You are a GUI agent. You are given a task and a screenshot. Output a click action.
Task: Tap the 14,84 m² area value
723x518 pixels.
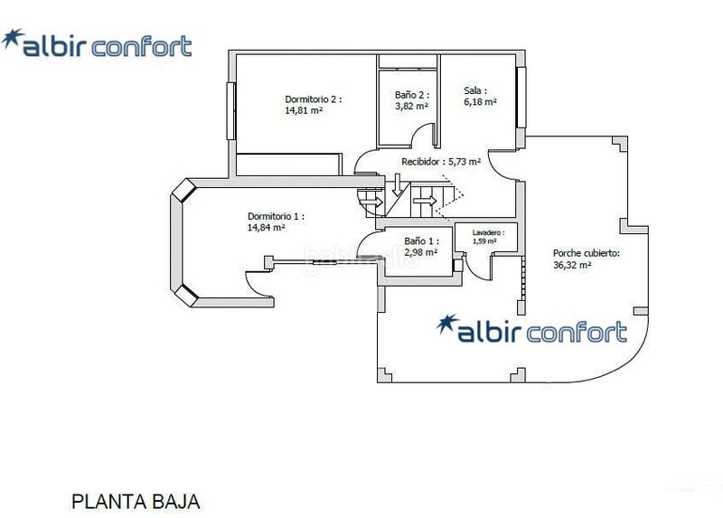pyautogui.click(x=266, y=228)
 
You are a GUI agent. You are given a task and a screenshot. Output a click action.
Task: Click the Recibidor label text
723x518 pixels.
pyautogui.click(x=423, y=162)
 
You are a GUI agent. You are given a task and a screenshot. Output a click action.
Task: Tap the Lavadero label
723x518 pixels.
pyautogui.click(x=488, y=233)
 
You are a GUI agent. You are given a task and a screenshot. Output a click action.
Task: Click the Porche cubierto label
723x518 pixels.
pyautogui.click(x=587, y=253)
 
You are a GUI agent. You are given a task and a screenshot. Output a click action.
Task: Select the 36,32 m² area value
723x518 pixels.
pyautogui.click(x=572, y=265)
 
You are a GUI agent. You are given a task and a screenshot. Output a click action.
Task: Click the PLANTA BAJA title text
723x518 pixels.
pyautogui.click(x=136, y=502)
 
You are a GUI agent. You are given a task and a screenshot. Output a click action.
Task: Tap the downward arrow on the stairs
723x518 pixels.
pyautogui.click(x=397, y=184)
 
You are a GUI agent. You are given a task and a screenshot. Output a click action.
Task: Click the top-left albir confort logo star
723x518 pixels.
pyautogui.click(x=13, y=39)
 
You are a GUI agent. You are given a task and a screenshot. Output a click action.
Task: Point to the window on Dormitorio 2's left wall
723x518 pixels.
pyautogui.click(x=231, y=110)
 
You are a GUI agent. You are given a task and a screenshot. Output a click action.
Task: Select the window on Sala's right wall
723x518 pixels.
pyautogui.click(x=521, y=98)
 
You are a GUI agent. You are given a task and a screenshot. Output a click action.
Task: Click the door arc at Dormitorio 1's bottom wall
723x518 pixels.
pyautogui.click(x=258, y=282)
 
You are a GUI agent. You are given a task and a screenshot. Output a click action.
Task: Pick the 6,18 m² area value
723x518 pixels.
pyautogui.click(x=480, y=102)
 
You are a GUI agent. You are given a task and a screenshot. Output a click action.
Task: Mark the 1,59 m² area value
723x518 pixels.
pyautogui.click(x=484, y=240)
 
